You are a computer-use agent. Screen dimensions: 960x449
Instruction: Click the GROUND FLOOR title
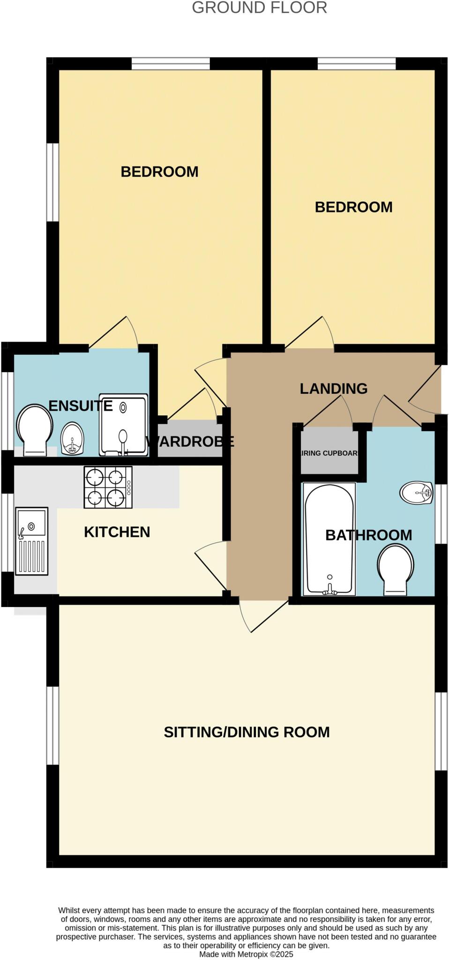(259, 8)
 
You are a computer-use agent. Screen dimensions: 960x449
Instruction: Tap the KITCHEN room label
(117, 532)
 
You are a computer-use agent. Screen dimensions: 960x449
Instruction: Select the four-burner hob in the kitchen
(108, 487)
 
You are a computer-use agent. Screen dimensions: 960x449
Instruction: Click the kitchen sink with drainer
(32, 541)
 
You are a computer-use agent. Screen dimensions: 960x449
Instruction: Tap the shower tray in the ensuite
(123, 425)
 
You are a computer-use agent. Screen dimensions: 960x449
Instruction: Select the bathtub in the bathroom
(329, 540)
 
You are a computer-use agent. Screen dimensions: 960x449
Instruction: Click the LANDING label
(333, 389)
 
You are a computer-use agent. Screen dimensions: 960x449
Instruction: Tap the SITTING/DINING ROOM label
(247, 732)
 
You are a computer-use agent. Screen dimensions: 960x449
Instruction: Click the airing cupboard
(329, 453)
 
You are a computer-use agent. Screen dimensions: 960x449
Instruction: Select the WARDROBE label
(190, 441)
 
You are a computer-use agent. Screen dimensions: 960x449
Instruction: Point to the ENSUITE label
(81, 406)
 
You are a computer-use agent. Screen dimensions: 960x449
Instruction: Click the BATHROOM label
(368, 535)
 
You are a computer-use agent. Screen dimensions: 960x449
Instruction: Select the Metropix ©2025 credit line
(246, 954)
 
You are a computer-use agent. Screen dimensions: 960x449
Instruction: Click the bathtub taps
(329, 591)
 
